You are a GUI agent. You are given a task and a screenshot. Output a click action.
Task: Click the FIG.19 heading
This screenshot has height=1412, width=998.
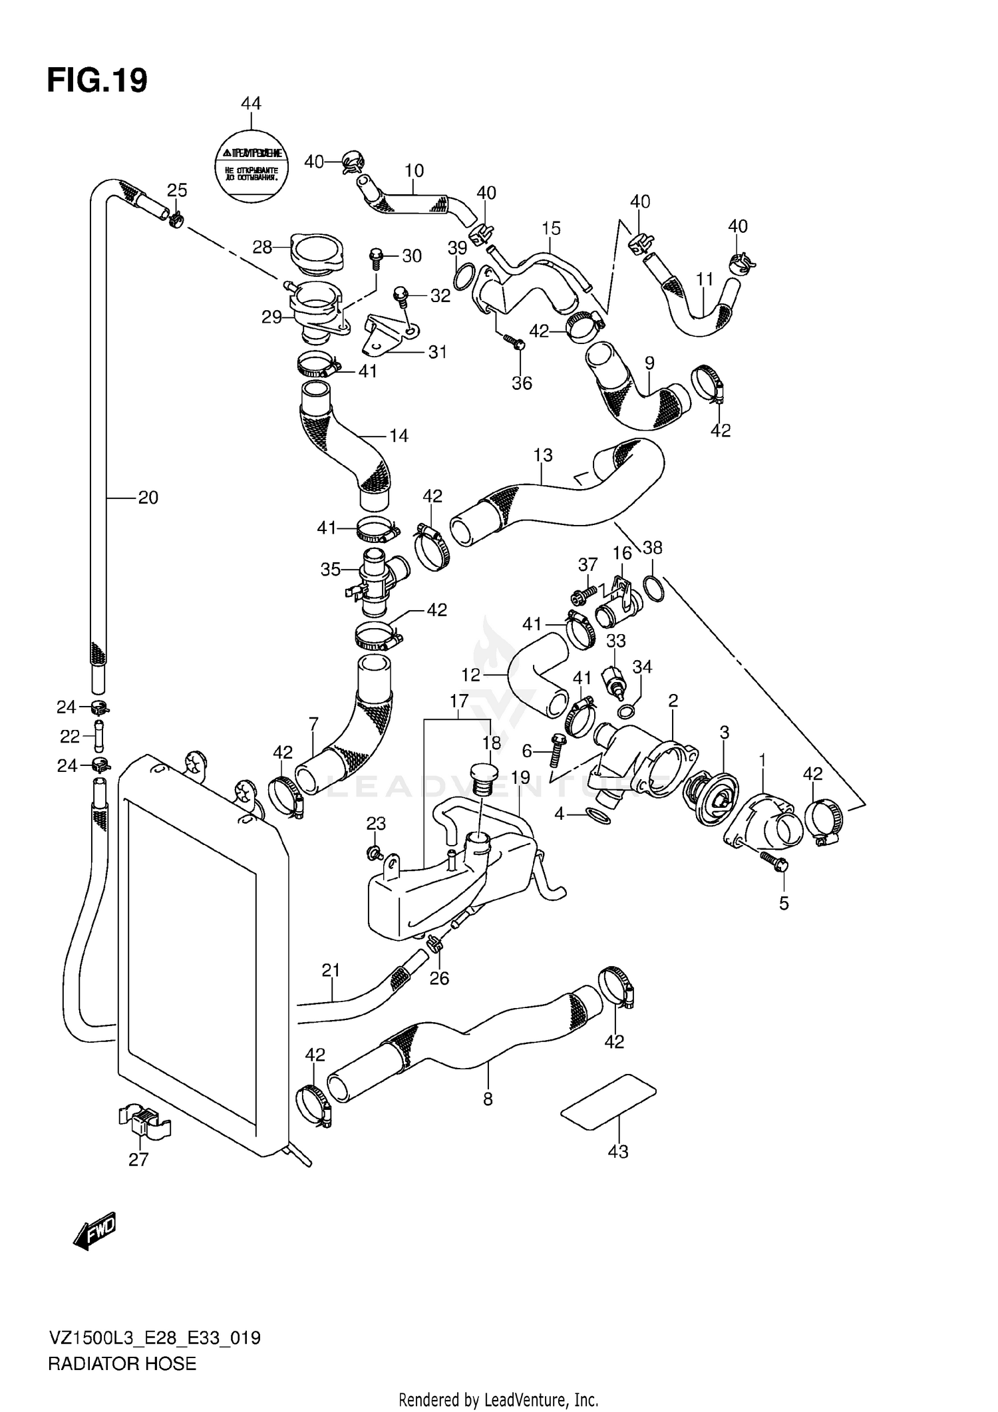[97, 81]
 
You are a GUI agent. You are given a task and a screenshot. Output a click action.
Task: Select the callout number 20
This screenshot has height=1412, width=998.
[148, 497]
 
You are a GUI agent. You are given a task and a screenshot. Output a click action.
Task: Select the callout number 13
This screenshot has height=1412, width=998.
[543, 455]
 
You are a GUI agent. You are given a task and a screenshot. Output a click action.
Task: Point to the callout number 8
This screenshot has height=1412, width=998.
[488, 1099]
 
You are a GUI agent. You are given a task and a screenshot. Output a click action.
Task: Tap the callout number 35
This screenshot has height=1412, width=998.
[331, 569]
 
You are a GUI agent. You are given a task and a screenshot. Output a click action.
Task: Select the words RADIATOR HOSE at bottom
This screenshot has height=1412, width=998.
[122, 1364]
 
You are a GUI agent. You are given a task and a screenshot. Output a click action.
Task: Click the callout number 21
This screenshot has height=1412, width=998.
[331, 970]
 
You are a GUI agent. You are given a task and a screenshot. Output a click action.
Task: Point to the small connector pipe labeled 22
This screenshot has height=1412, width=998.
[99, 736]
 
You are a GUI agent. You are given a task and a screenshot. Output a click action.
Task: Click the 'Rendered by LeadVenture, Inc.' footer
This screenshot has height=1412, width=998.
[498, 1400]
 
